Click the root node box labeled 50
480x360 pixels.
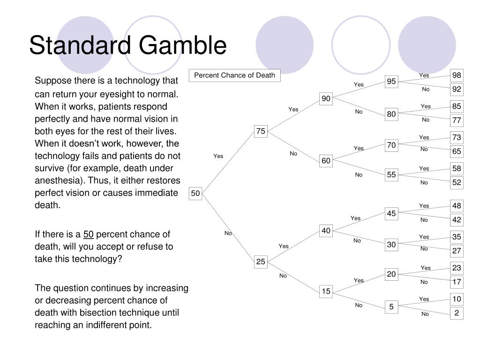[x=195, y=193]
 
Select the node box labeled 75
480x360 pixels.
[x=261, y=131]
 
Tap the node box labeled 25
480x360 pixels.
[x=261, y=262]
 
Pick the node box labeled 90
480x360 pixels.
[x=326, y=98]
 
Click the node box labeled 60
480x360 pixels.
[x=326, y=161]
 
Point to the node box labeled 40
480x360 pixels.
[x=326, y=230]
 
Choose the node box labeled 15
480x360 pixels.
[x=326, y=292]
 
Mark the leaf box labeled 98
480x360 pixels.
[x=457, y=75]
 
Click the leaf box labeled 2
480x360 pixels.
[x=457, y=313]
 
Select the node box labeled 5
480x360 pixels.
[x=391, y=307]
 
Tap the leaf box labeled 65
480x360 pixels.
[x=457, y=151]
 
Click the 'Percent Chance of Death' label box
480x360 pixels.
[x=234, y=75]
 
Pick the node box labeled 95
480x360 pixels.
[x=391, y=82]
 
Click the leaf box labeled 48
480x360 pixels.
[x=457, y=206]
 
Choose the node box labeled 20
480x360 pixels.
[x=391, y=274]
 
